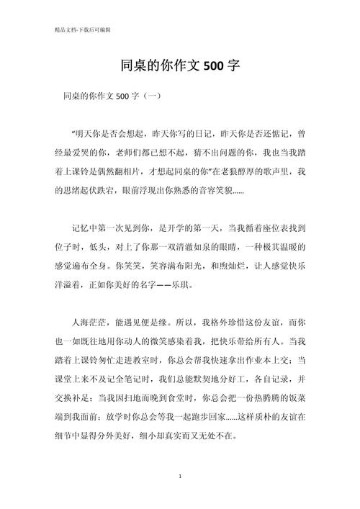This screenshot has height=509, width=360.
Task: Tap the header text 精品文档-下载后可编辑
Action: [x=77, y=30]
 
